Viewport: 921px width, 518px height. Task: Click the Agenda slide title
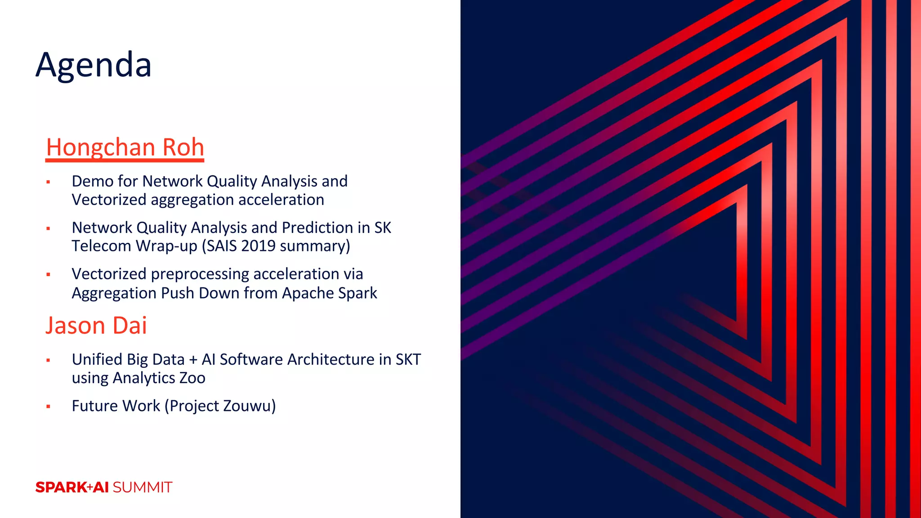94,65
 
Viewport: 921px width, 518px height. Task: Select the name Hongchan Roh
125,147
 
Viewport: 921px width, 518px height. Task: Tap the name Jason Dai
96,326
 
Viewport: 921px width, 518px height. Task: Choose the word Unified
97,360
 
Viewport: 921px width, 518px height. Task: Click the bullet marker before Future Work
48,407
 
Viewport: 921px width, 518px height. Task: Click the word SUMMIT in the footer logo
143,487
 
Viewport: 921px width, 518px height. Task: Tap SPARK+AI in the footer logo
72,487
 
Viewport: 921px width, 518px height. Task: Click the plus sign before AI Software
193,360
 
